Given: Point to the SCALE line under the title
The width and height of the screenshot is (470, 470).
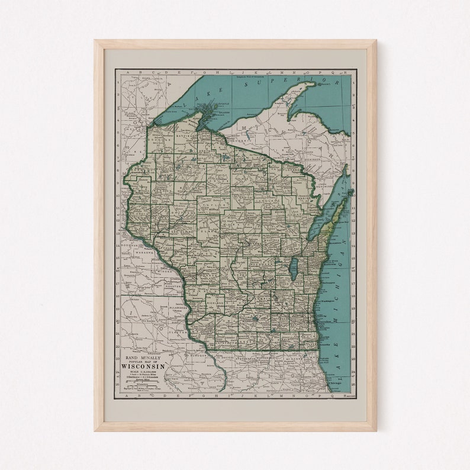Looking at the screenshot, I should click(x=142, y=372).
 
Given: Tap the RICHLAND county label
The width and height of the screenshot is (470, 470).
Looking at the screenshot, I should click(x=214, y=302).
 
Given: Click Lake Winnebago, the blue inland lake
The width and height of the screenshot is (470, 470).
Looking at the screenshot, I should click(x=294, y=269).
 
